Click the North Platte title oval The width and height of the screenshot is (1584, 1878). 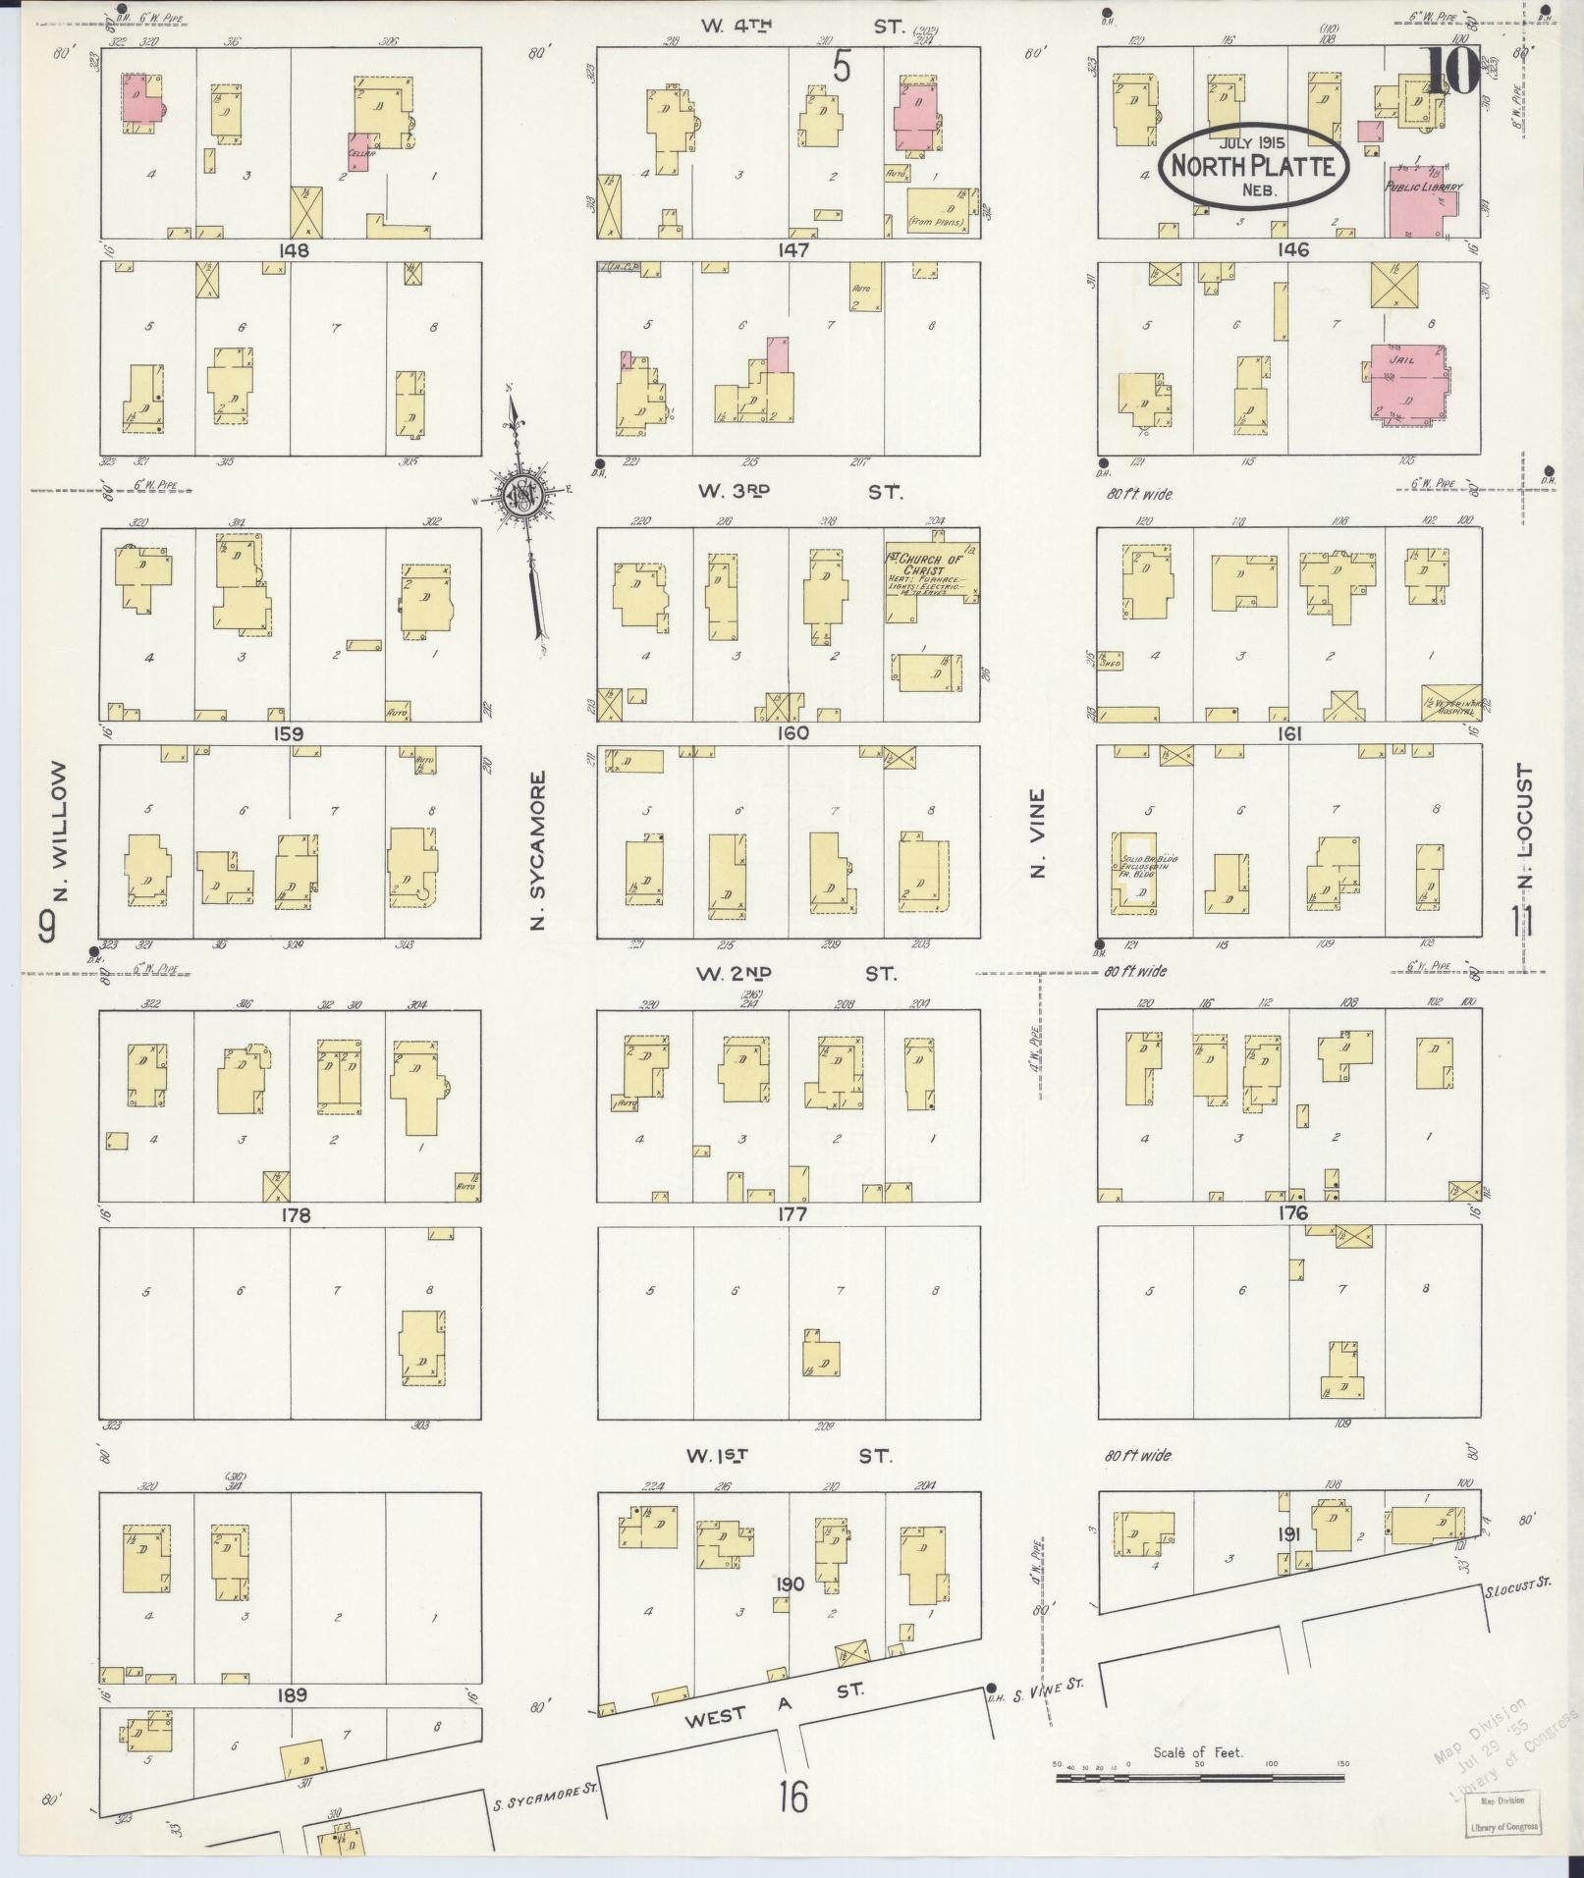pos(1253,166)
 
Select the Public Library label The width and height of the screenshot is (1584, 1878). pos(1423,187)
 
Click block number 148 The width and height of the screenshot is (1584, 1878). pos(293,250)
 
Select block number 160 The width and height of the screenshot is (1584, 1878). pos(792,732)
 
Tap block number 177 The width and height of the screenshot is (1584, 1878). pos(792,1214)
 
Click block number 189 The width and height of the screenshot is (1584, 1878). pos(292,1694)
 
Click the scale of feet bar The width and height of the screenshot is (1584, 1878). pos(1199,1777)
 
